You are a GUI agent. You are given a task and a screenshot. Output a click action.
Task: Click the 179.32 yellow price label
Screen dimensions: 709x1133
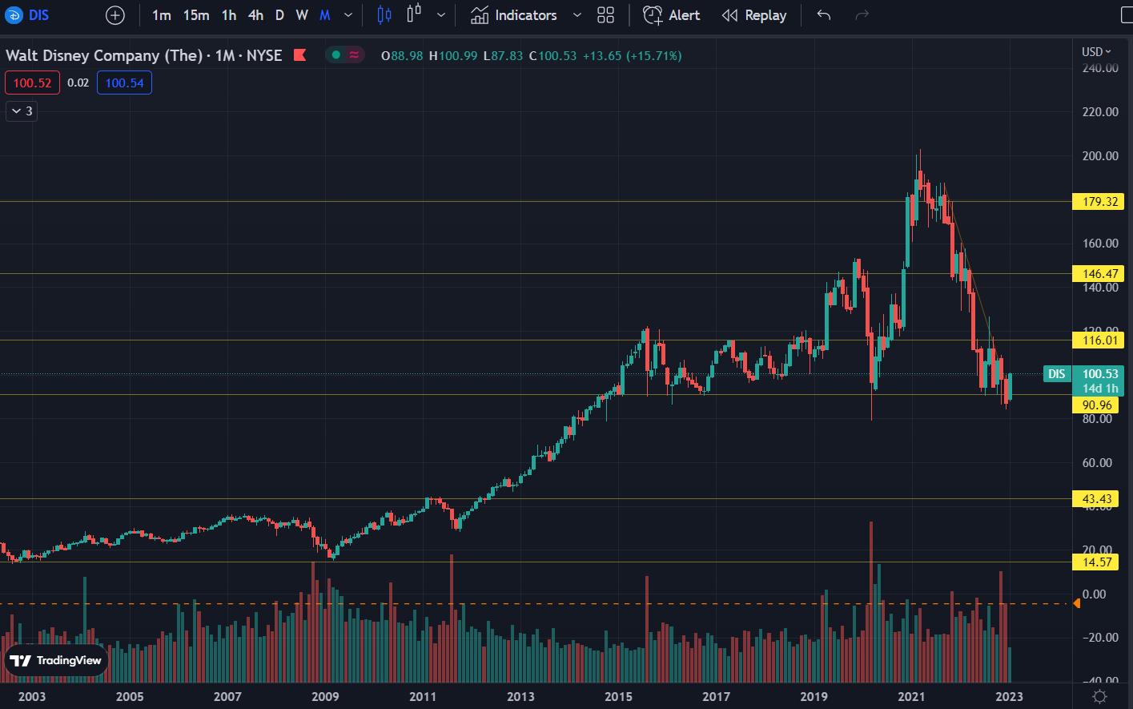coord(1100,201)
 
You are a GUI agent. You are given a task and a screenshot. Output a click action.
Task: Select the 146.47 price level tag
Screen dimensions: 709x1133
coord(1100,274)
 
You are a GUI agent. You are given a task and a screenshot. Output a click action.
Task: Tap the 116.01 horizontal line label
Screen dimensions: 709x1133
coord(1100,340)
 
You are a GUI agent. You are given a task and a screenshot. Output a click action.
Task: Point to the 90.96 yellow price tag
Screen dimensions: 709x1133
coord(1096,405)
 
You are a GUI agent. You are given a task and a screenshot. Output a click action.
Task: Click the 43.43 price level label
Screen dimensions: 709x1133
coord(1096,499)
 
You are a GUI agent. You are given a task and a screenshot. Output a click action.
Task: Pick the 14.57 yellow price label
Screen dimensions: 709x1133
coord(1096,562)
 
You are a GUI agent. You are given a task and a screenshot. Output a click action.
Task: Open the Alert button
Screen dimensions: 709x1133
coord(672,15)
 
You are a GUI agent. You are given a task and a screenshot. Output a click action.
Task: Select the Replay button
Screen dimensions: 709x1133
coord(753,15)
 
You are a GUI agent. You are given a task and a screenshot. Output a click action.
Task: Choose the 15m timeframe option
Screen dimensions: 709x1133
coord(195,15)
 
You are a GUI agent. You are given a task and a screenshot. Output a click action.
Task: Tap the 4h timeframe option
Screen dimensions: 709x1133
coord(255,15)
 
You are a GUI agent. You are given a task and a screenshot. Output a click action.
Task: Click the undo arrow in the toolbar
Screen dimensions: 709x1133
coord(824,15)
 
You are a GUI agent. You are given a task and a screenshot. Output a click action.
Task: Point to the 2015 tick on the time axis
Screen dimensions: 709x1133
coord(618,696)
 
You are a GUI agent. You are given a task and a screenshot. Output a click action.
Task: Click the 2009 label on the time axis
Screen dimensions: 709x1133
coord(325,696)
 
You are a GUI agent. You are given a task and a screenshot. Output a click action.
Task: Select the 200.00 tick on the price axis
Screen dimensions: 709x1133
coord(1100,156)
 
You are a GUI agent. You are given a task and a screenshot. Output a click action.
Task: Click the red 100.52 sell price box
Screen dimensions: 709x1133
coord(32,83)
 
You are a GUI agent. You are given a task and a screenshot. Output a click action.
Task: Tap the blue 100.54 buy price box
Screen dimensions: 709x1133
coord(124,83)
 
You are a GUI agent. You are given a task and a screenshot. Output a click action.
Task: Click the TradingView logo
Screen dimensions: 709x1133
coord(56,660)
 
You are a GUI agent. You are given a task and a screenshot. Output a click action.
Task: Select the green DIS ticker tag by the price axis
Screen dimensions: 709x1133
coord(1057,374)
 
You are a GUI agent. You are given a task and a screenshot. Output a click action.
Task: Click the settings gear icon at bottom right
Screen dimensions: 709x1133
coord(1100,696)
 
